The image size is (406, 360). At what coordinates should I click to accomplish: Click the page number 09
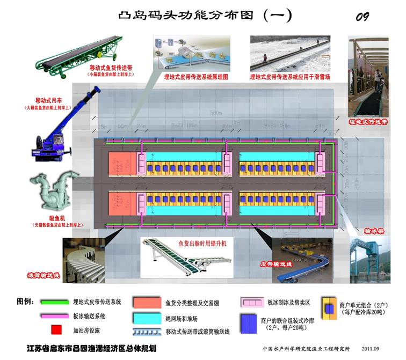pyautogui.click(x=363, y=17)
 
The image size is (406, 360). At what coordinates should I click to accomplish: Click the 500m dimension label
pyautogui.click(x=216, y=113)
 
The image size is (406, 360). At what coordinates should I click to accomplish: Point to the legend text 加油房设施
pyautogui.click(x=89, y=329)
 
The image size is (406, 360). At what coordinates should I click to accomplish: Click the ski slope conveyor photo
pyautogui.click(x=289, y=54)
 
